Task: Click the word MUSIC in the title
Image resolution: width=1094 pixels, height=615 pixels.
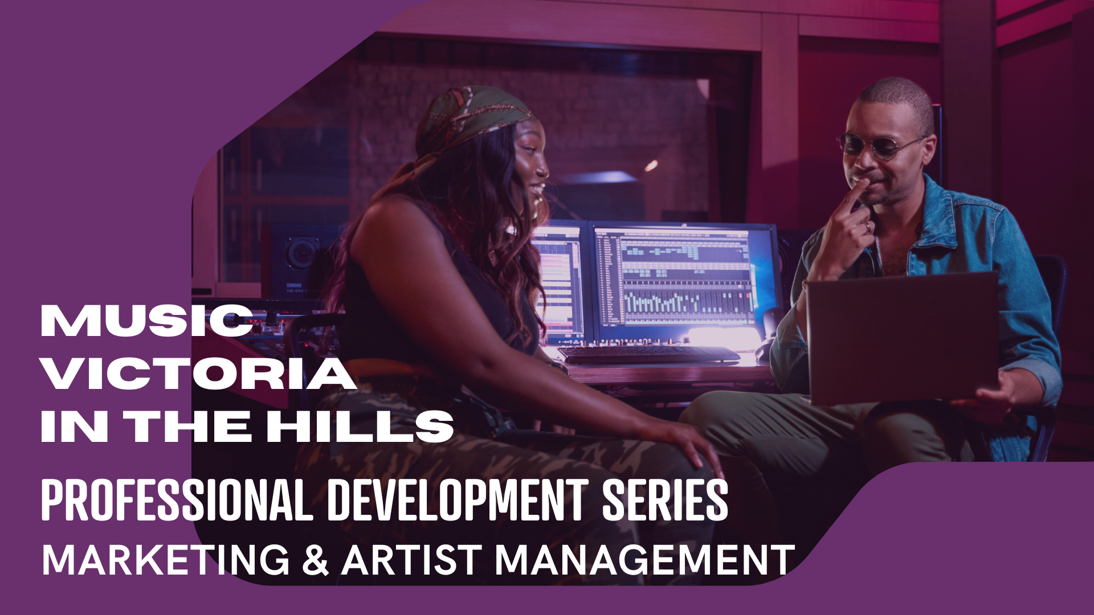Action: pyautogui.click(x=147, y=321)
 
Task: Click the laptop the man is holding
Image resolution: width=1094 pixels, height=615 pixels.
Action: pyautogui.click(x=902, y=338)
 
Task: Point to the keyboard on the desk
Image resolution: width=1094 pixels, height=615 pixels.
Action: pyautogui.click(x=648, y=354)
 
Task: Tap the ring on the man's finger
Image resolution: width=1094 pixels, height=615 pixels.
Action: pyautogui.click(x=867, y=227)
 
